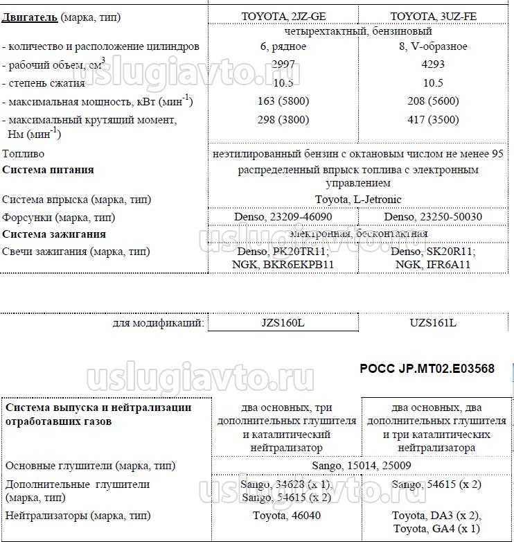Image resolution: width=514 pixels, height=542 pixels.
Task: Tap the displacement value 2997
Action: point(283,64)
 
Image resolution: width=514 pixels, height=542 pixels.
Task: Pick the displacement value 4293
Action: point(433,64)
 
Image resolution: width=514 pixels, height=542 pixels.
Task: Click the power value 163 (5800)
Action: point(283,101)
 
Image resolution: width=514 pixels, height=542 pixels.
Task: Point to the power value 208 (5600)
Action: point(433,101)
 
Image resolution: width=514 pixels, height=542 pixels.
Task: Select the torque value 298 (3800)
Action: point(283,119)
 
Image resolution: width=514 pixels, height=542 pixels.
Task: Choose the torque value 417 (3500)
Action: point(433,119)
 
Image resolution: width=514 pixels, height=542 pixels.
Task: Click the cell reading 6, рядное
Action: point(283,46)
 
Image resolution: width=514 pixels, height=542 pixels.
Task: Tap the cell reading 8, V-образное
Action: point(433,46)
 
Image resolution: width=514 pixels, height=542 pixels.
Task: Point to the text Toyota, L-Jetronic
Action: point(358,200)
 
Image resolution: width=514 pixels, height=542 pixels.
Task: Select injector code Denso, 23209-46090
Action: point(283,217)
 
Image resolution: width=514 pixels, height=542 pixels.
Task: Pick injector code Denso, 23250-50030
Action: point(433,217)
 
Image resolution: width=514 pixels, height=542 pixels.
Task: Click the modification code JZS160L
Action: point(283,324)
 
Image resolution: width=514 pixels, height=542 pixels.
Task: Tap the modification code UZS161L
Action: point(433,324)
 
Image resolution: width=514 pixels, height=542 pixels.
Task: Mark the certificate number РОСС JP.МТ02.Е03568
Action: point(427,369)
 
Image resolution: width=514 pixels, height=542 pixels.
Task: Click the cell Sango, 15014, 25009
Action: point(358,466)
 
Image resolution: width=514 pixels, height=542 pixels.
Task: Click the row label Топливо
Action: point(24,154)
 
